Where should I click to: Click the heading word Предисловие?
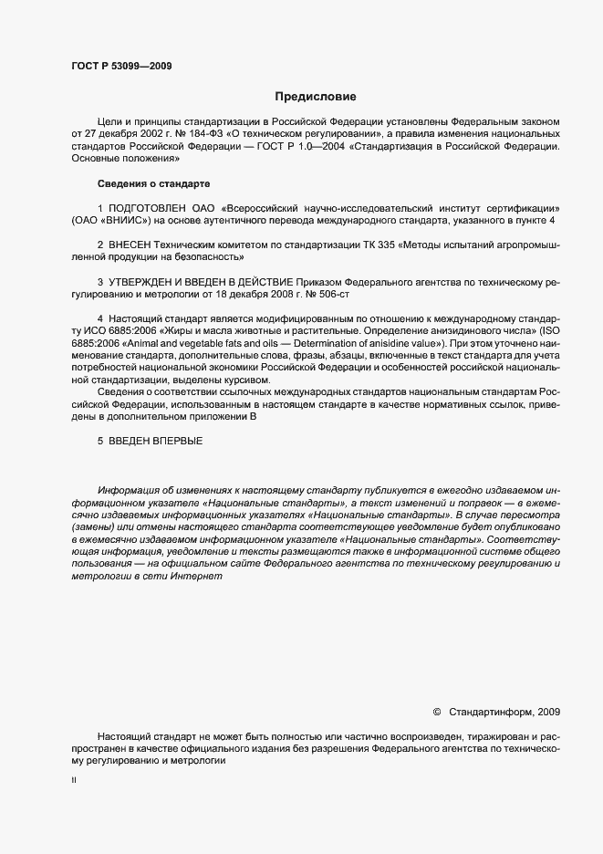click(x=316, y=96)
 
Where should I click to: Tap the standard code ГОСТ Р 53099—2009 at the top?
click(x=120, y=66)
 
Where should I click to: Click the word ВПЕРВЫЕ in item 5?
click(x=179, y=441)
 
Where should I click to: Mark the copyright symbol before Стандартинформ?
click(x=436, y=712)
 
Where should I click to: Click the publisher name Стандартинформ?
click(x=491, y=712)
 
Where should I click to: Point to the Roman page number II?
click(x=73, y=782)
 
